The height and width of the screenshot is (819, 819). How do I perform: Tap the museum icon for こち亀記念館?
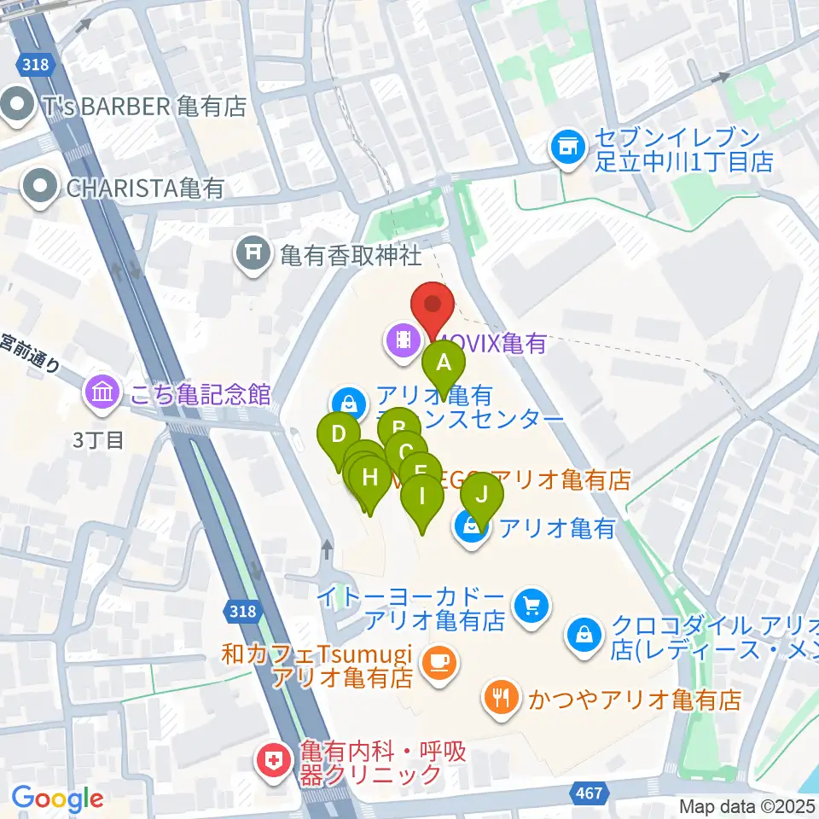pos(102,393)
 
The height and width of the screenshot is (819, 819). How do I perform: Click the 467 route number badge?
pos(587,793)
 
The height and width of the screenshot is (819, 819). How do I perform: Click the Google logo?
pos(57,798)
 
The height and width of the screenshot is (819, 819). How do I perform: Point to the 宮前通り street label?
pos(31,352)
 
